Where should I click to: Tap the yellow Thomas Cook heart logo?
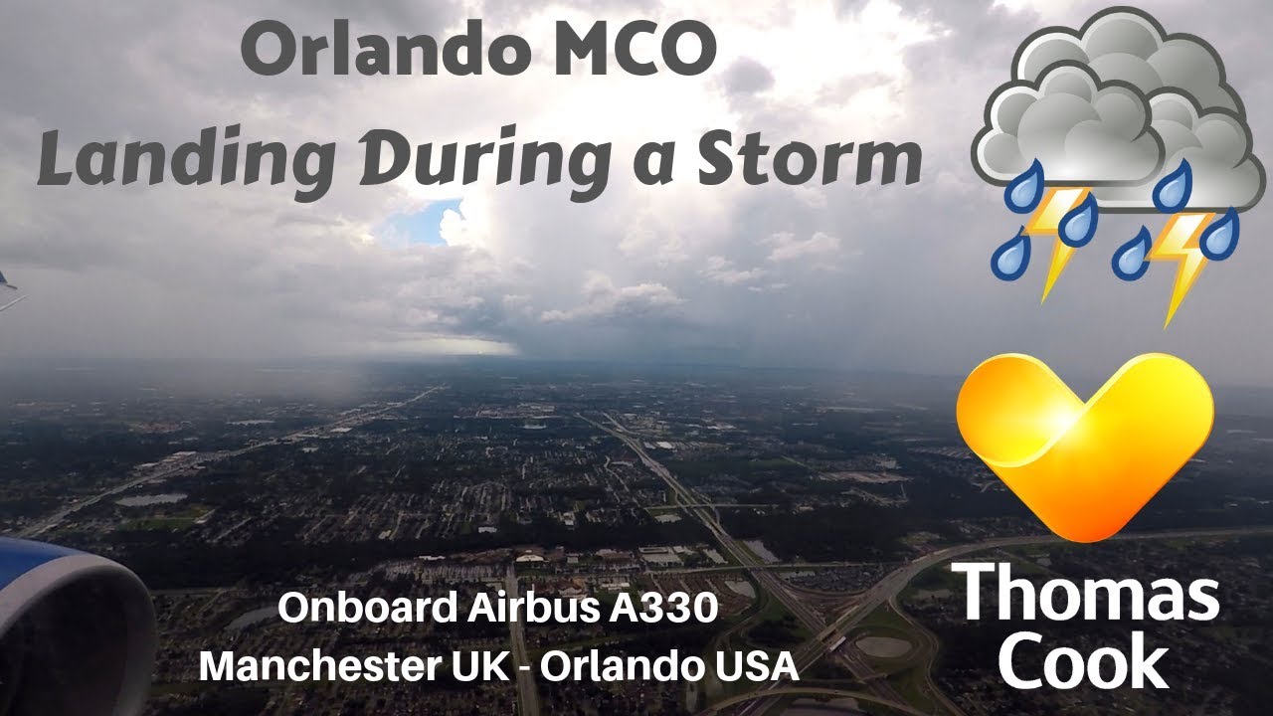point(1084,443)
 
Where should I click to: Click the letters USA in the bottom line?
point(761,665)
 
